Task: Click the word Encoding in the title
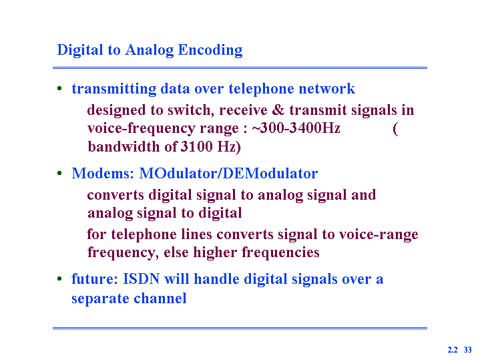pyautogui.click(x=210, y=50)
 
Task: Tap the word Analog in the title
pyautogui.click(x=149, y=50)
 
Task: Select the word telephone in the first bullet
pyautogui.click(x=261, y=89)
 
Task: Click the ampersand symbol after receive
pyautogui.click(x=278, y=110)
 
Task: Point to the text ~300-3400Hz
pyautogui.click(x=296, y=128)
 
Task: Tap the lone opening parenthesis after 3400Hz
pyautogui.click(x=395, y=129)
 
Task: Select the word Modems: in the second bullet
pyautogui.click(x=103, y=174)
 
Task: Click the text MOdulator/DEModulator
pyautogui.click(x=228, y=174)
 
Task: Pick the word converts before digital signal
pyautogui.click(x=115, y=195)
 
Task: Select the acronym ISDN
pyautogui.click(x=141, y=279)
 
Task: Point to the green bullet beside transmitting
pyautogui.click(x=59, y=89)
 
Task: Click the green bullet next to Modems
pyautogui.click(x=59, y=174)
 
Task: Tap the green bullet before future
pyautogui.click(x=59, y=279)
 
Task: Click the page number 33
pyautogui.click(x=468, y=349)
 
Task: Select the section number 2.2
pyautogui.click(x=453, y=349)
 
